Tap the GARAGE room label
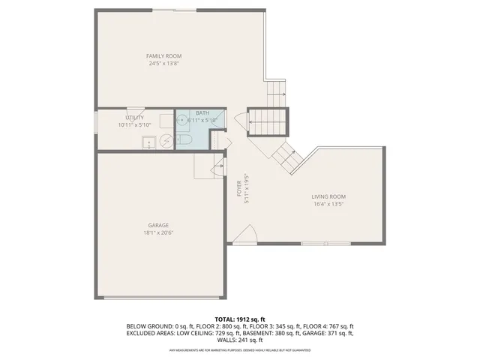157,225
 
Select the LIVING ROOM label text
328,196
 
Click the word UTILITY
135,118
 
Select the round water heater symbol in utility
166,141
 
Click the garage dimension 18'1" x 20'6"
157,232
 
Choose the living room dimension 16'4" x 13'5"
328,203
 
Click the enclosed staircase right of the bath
268,121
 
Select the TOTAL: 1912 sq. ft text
239,319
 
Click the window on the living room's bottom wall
325,244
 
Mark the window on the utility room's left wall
95,123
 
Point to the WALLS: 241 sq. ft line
239,340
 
